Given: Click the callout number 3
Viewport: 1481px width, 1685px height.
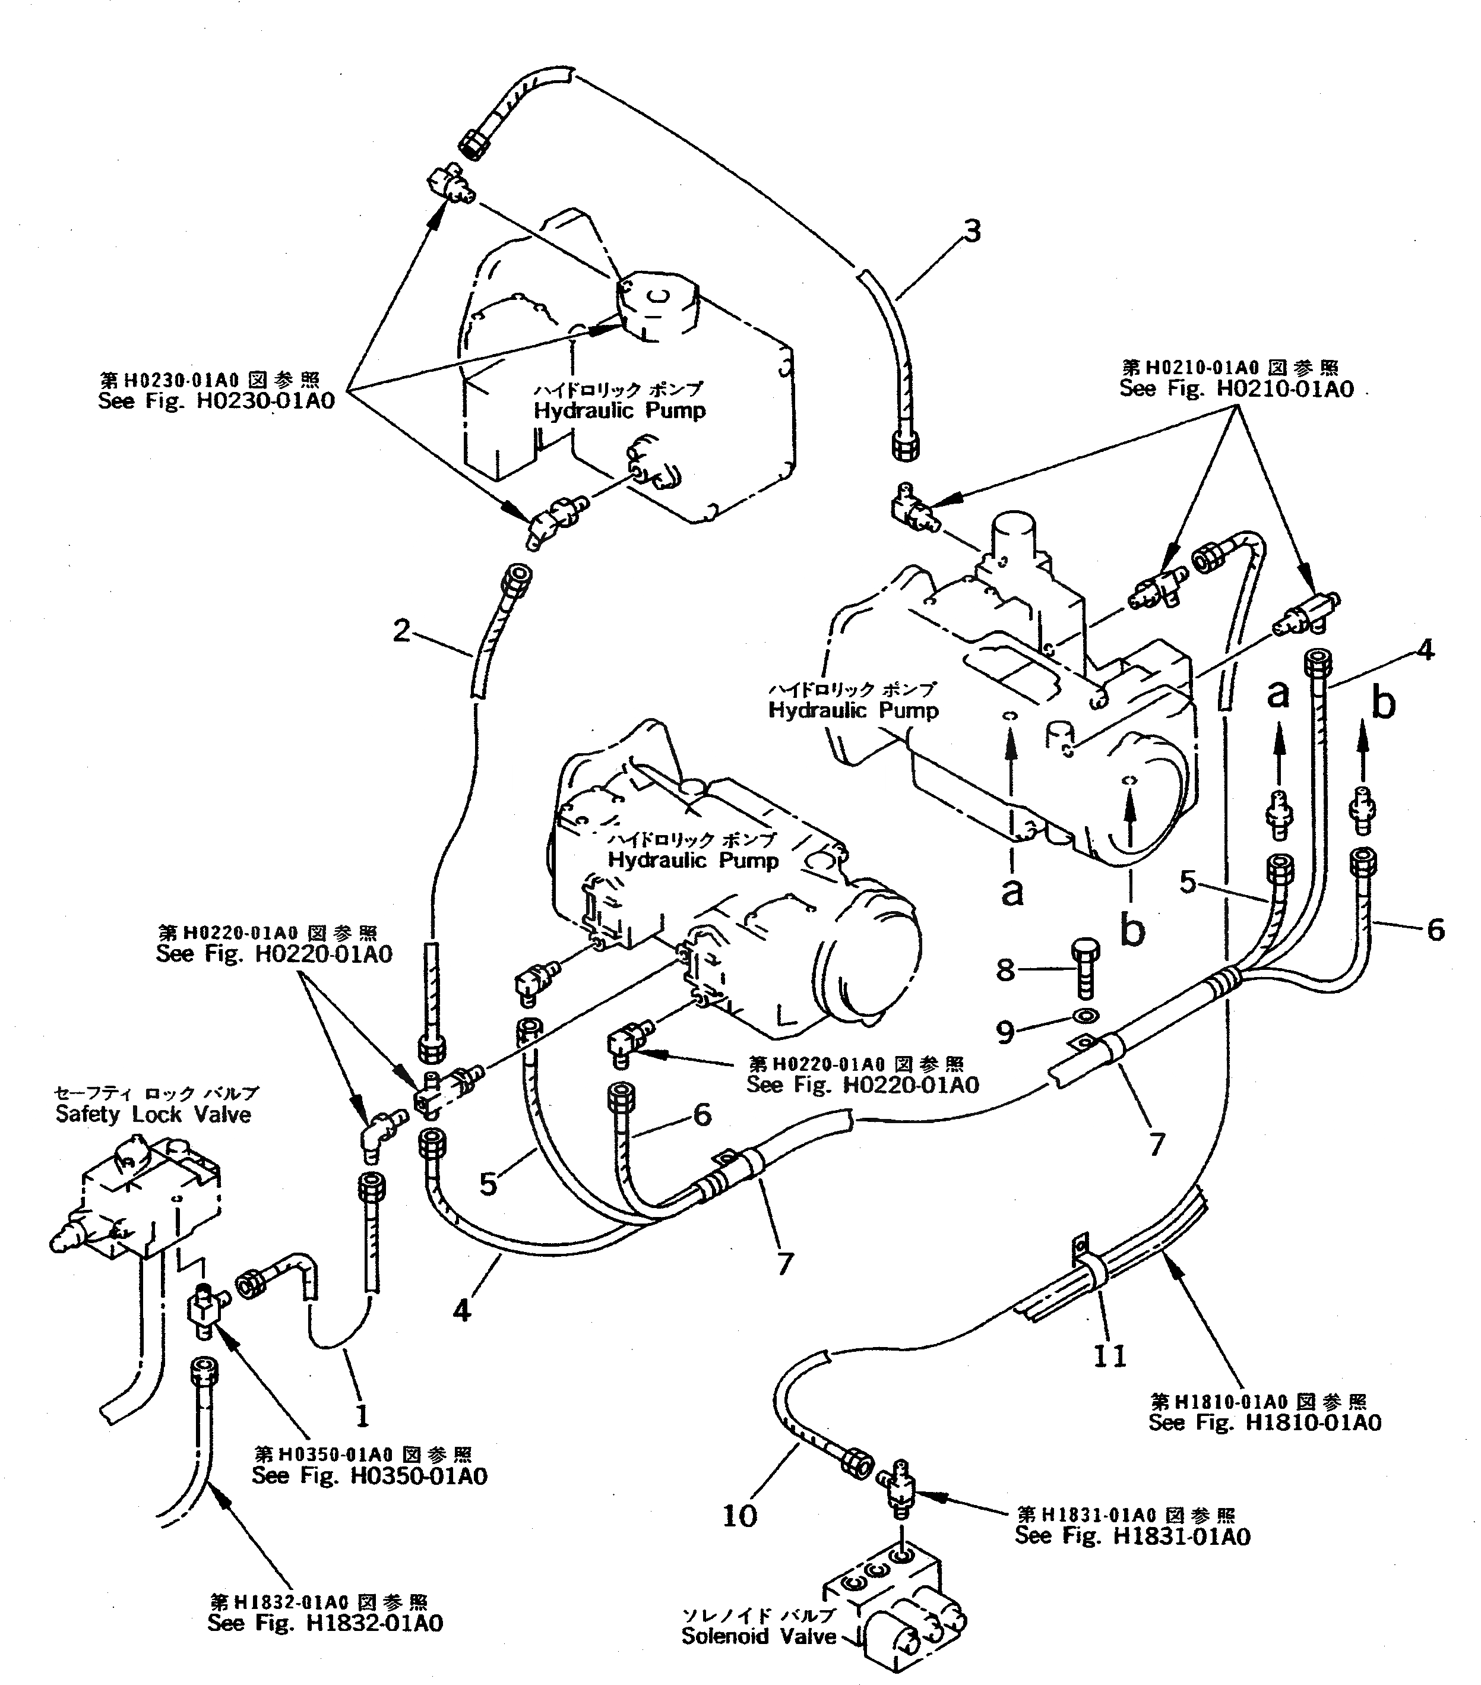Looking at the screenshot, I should pos(973,232).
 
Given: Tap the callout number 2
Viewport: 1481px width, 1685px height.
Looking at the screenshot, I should pos(401,631).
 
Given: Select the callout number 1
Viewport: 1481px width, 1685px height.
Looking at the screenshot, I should pos(362,1417).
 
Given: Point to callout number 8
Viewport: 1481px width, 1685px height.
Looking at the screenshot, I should pos(1005,970).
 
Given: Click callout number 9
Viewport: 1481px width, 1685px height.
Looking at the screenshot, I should pos(1005,1031).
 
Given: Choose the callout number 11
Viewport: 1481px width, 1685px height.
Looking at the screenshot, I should pos(1109,1356).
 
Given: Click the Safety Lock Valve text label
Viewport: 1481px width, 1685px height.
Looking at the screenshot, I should pos(153,1115).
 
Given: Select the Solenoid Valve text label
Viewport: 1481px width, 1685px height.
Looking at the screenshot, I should pos(758,1636).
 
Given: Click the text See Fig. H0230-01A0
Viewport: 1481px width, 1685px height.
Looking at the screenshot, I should pos(216,402).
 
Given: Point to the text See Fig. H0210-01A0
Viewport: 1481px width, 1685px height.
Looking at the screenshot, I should pos(1236,389).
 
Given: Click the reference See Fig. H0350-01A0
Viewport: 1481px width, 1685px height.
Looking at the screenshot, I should pos(369,1475).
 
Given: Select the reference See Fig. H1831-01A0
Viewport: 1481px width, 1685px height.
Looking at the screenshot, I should pos(1132,1536).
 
